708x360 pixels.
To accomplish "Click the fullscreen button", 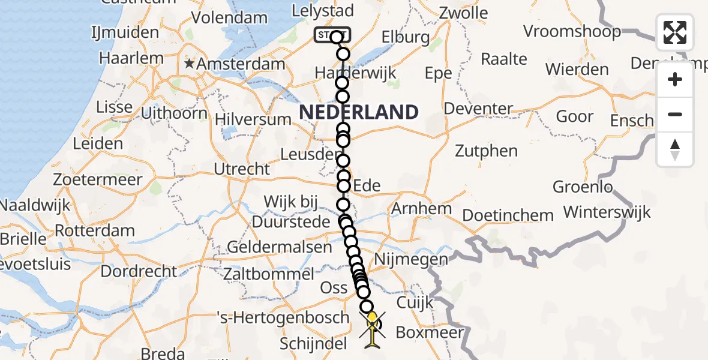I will click(675, 32).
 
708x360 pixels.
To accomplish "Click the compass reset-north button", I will click(675, 149).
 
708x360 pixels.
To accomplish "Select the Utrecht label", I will click(242, 169).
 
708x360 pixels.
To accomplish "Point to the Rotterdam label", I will click(95, 230).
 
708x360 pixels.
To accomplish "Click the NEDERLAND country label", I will click(359, 112).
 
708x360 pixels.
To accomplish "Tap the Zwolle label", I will click(464, 12).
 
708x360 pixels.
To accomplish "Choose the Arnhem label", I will click(421, 209).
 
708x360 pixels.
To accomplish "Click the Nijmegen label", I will click(411, 259).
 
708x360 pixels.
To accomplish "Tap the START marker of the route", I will click(331, 35).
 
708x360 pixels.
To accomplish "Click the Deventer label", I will click(479, 109).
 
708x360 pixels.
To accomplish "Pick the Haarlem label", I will click(131, 58).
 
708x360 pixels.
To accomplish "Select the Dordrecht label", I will click(139, 271).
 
